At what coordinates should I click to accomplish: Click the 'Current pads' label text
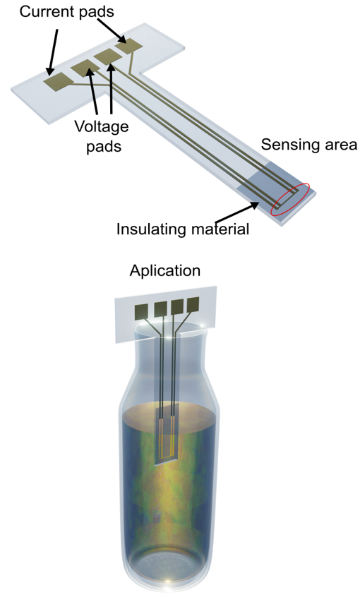pos(66,11)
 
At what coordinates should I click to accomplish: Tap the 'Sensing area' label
pos(309,145)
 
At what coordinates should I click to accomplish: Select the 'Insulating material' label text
pos(183,229)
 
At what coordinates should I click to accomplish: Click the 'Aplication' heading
pos(165,270)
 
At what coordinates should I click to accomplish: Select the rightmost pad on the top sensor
pos(129,47)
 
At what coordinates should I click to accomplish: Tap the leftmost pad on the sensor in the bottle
pos(141,312)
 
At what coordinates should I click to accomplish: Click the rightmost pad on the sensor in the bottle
pos(193,305)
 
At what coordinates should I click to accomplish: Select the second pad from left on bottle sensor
pos(160,309)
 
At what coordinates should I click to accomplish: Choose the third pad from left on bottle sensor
pos(177,307)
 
